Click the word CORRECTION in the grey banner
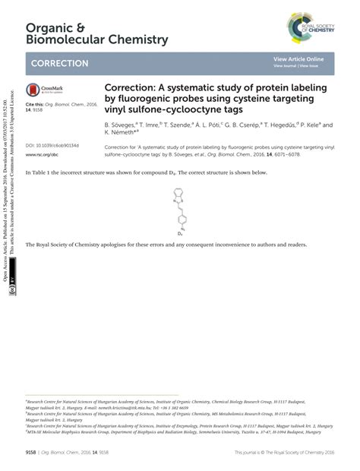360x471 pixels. click(x=57, y=64)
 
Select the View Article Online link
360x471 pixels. click(x=298, y=58)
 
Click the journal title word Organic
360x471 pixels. click(x=46, y=27)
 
